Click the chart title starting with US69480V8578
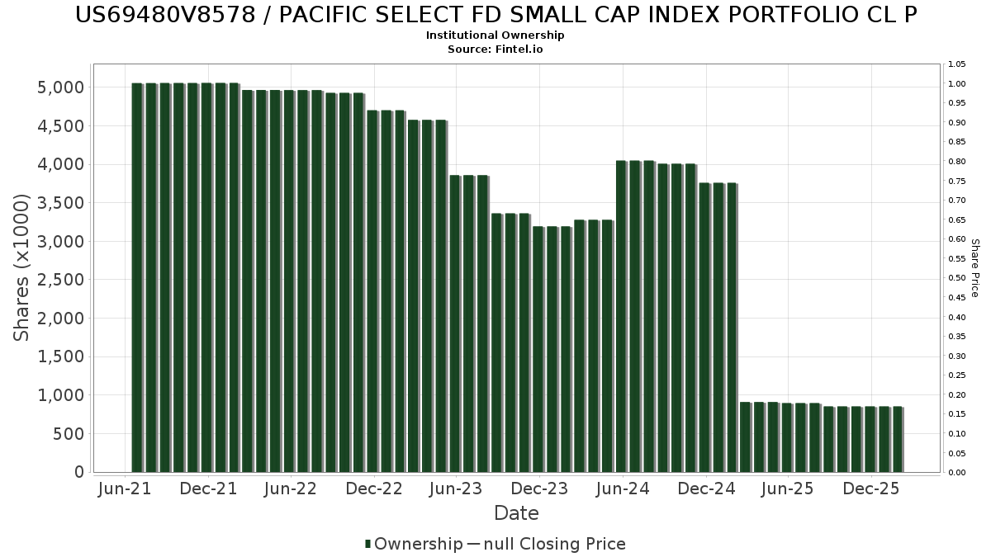[495, 15]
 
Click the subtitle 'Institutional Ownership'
[495, 35]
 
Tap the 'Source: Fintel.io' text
[495, 49]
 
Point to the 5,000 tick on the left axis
[60, 87]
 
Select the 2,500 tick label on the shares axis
[60, 280]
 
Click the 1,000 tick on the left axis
[60, 395]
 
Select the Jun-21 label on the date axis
[125, 489]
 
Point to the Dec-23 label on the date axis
[539, 489]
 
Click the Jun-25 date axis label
[788, 489]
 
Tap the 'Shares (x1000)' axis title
[21, 268]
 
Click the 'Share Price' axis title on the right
[974, 268]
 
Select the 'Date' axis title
[516, 513]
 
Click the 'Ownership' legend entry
[414, 544]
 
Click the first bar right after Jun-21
[137, 277]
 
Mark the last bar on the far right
[899, 439]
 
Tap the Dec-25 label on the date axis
[871, 489]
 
